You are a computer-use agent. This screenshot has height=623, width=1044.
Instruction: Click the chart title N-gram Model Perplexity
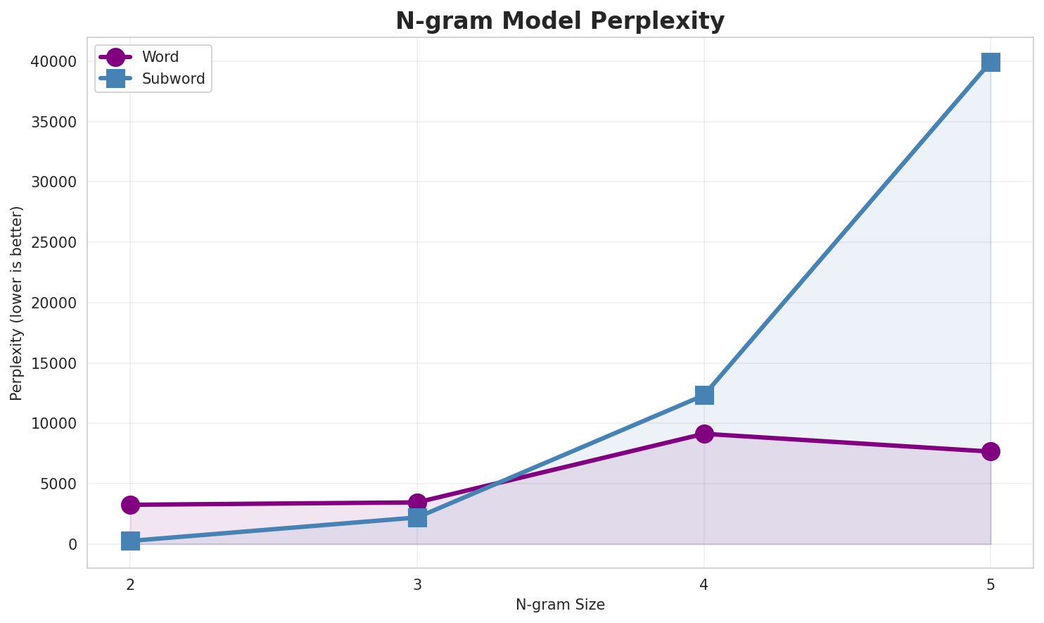pos(559,21)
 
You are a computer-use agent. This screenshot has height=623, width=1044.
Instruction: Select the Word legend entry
pos(160,57)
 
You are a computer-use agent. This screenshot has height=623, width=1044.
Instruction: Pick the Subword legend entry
pos(173,79)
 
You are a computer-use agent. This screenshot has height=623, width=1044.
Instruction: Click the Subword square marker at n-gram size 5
pos(991,62)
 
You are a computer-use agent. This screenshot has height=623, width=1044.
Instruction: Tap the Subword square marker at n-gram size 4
pos(704,395)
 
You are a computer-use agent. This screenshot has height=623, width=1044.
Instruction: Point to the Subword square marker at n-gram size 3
pos(417,517)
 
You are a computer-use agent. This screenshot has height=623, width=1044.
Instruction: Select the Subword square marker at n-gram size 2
pos(130,541)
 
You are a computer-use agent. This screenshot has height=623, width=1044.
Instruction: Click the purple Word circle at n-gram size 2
pos(130,505)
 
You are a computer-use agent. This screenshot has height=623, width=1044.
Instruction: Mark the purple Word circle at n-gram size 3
pos(417,503)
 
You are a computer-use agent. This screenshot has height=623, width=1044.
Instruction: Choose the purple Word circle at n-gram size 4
pos(704,434)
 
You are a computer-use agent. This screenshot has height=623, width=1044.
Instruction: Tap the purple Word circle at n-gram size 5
pos(991,451)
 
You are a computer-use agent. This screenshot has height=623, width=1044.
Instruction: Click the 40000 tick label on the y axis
pos(53,62)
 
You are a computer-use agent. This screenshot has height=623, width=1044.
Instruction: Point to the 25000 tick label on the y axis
pos(53,243)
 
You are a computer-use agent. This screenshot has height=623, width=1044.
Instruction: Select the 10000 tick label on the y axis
pos(53,424)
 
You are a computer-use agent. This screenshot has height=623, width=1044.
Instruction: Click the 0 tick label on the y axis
pos(72,545)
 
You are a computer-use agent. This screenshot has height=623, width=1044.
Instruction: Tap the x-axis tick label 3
pos(417,584)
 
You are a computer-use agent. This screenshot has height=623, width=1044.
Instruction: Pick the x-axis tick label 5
pos(991,584)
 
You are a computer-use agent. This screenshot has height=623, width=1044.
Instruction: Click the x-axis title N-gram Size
pos(560,605)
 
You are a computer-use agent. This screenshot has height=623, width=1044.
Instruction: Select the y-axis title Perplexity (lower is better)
pos(17,303)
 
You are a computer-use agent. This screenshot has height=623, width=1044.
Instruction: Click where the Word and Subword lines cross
pos(496,484)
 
